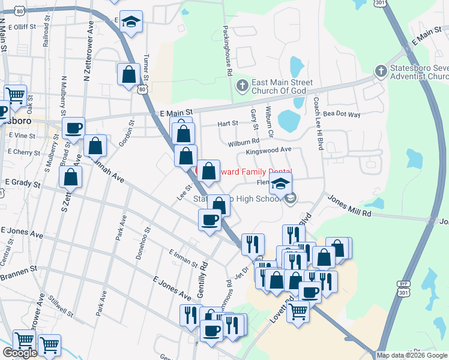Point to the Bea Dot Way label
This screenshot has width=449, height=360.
point(342,114)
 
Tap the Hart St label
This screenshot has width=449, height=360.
point(228,124)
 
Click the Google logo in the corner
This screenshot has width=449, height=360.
point(20,353)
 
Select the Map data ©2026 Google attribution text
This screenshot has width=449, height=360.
point(412,355)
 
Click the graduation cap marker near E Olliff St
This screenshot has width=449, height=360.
point(130,23)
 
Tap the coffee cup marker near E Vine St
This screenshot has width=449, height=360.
point(73,127)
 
